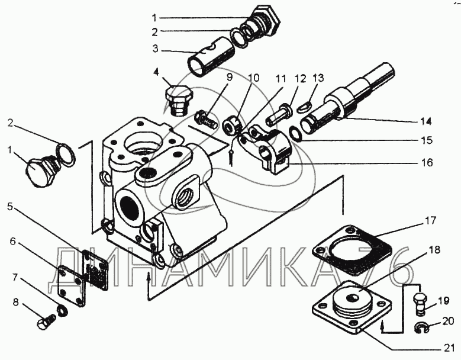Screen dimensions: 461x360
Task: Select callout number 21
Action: click(449, 349)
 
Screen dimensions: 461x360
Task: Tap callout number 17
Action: click(430, 221)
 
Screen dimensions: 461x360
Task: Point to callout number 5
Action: click(10, 207)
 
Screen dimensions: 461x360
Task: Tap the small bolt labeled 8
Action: click(47, 322)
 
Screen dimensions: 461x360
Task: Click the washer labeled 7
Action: click(62, 311)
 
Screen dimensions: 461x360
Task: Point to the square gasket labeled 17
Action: click(352, 250)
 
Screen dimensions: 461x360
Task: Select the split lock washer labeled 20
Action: click(420, 329)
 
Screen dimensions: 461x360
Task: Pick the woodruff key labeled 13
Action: click(302, 108)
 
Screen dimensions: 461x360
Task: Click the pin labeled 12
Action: click(279, 114)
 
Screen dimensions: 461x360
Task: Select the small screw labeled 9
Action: click(206, 119)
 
